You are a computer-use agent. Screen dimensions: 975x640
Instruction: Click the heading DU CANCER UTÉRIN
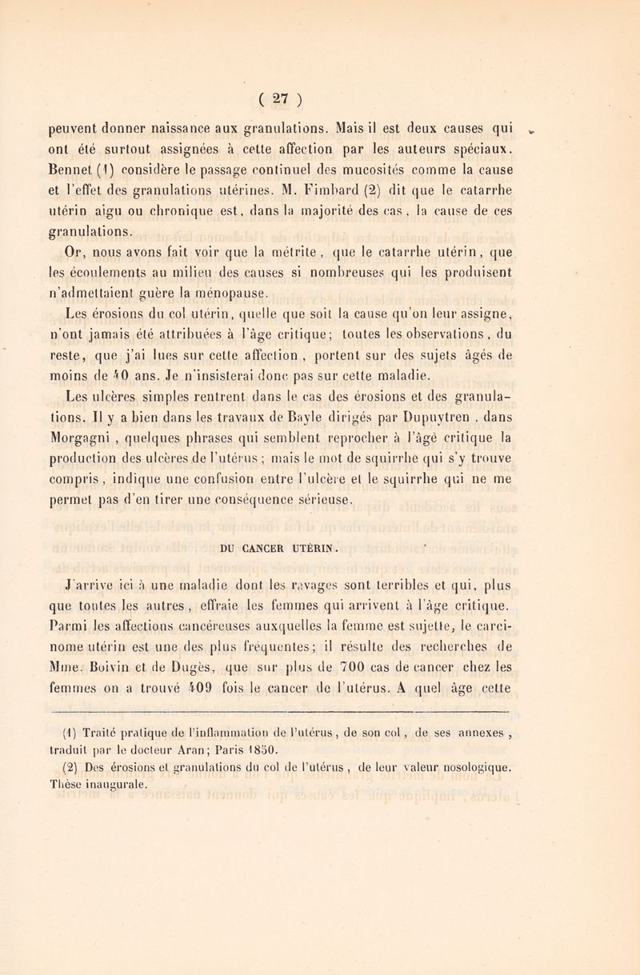pos(323,526)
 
